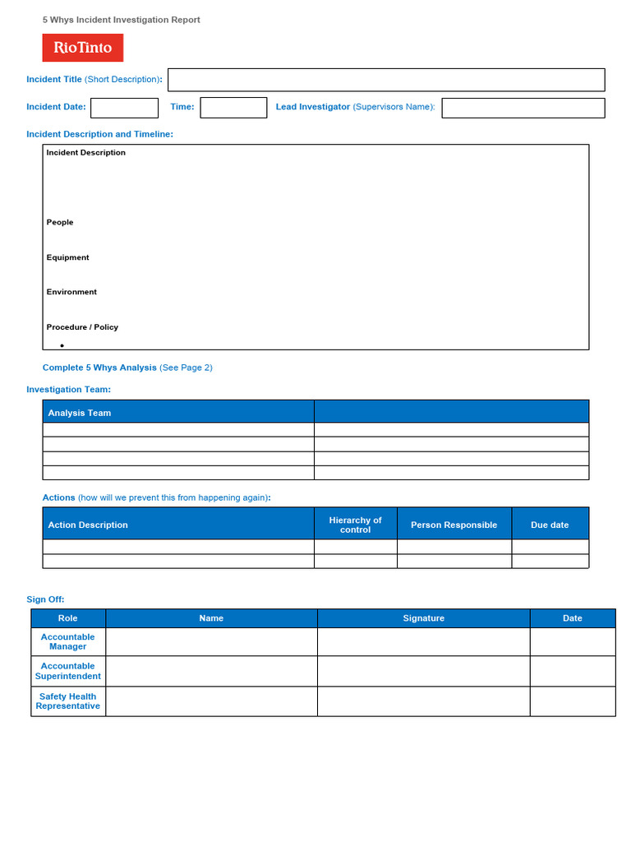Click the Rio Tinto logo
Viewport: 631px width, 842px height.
point(83,48)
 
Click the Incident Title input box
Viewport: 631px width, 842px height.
point(386,80)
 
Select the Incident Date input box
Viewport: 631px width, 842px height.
point(124,108)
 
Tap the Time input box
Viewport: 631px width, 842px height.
point(233,108)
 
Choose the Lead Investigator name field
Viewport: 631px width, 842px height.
point(523,108)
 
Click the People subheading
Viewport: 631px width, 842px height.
point(60,222)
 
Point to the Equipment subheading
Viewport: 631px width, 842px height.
point(67,257)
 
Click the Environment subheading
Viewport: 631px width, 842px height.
point(71,292)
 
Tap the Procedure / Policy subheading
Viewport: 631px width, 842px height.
point(82,327)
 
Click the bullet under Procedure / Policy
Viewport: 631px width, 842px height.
point(62,345)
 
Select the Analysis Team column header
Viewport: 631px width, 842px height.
point(80,413)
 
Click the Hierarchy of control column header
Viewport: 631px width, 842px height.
point(355,525)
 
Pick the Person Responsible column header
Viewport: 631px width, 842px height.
point(454,525)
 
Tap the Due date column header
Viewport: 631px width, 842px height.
point(550,525)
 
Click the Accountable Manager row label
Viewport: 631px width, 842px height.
point(68,641)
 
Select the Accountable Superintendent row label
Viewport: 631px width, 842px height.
point(68,671)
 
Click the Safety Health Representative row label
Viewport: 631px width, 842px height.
point(68,701)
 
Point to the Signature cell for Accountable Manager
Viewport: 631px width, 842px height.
point(423,641)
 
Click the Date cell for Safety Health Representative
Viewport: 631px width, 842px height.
point(572,701)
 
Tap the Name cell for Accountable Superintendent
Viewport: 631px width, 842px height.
point(211,671)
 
